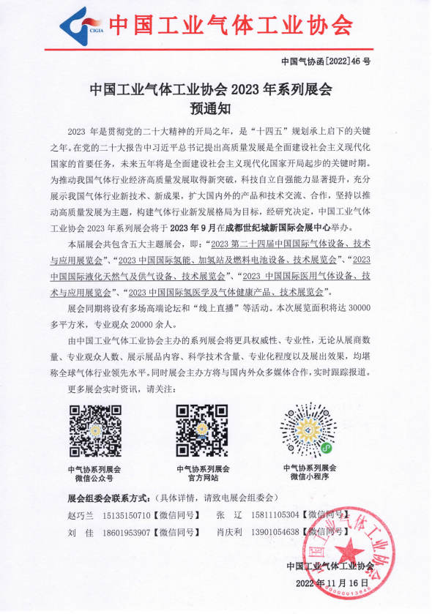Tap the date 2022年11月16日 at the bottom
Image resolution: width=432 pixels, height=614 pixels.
click(331, 583)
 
